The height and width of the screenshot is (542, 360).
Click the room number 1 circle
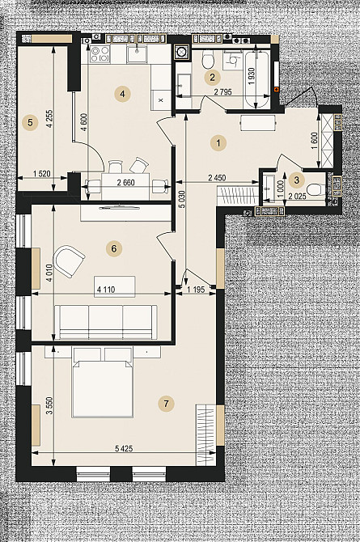[218, 142]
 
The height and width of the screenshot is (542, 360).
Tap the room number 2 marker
[212, 77]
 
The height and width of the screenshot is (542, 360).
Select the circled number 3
[296, 180]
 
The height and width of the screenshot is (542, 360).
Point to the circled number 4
[122, 94]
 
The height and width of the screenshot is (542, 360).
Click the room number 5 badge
[31, 122]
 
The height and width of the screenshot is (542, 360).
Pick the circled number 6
[114, 248]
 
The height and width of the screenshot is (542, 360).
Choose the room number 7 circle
[166, 404]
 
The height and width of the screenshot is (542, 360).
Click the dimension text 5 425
[124, 448]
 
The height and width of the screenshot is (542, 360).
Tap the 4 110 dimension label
[106, 290]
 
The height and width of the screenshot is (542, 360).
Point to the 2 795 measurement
[222, 92]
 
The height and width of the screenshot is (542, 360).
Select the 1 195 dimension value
[196, 290]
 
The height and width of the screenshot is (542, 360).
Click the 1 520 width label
[42, 174]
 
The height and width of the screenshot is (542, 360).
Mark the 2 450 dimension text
[217, 178]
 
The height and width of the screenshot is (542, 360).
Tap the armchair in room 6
[69, 260]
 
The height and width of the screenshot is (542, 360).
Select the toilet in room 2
[207, 59]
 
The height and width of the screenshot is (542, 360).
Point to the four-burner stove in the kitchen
[100, 55]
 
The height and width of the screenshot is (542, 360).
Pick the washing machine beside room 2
[182, 53]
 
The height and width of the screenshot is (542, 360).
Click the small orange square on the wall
[276, 90]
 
